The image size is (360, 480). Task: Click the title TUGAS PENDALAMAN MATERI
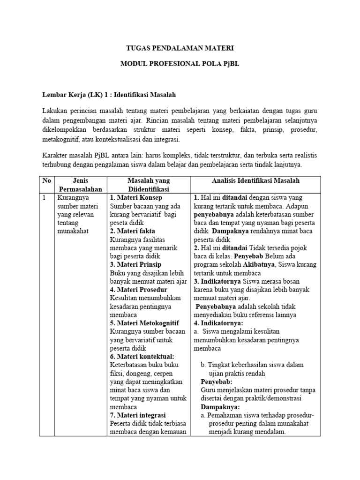[x=180, y=48]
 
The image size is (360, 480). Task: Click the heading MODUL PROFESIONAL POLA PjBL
[x=180, y=64]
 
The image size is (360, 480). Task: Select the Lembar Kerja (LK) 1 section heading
[x=109, y=95]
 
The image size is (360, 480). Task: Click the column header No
[x=47, y=180]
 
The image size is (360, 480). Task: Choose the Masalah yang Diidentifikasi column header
[x=149, y=185]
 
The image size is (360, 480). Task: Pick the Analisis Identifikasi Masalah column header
[x=255, y=180]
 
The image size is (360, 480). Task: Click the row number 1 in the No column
[x=45, y=198]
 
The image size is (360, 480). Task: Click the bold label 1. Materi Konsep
[x=135, y=198]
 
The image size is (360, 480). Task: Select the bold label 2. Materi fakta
[x=132, y=231]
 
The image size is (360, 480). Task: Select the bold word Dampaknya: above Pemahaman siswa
[x=220, y=407]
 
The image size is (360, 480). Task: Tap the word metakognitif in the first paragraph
[x=60, y=140]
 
